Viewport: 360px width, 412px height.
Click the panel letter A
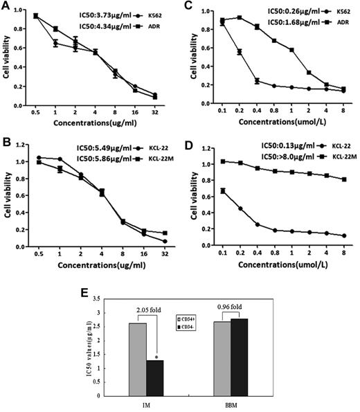click(x=6, y=6)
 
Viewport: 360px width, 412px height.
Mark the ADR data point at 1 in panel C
click(x=291, y=50)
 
